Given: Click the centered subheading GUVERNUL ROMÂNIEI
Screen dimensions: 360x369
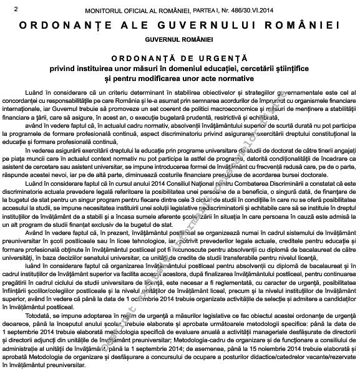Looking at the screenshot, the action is pyautogui.click(x=180, y=39).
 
